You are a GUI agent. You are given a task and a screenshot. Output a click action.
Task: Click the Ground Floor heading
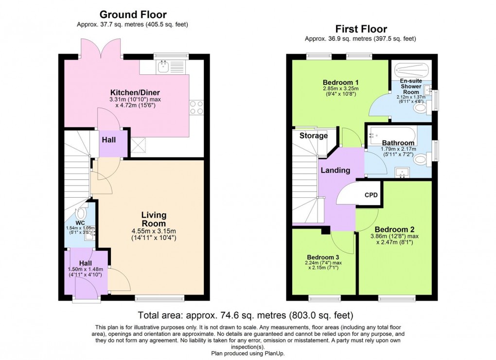(133, 15)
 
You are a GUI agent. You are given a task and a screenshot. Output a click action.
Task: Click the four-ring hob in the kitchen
(196, 107)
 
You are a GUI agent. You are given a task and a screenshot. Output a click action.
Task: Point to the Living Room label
(154, 219)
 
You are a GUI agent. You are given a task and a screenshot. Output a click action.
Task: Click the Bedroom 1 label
(340, 82)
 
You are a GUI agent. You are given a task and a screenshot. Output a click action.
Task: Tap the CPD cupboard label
(371, 195)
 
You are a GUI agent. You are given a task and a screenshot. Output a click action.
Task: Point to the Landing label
(335, 170)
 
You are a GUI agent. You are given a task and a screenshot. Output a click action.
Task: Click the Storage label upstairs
(313, 136)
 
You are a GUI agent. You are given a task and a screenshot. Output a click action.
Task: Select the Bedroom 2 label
(394, 229)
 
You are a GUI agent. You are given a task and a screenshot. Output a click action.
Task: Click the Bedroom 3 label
(322, 257)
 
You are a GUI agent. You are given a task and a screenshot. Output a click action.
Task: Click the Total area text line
(246, 315)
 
